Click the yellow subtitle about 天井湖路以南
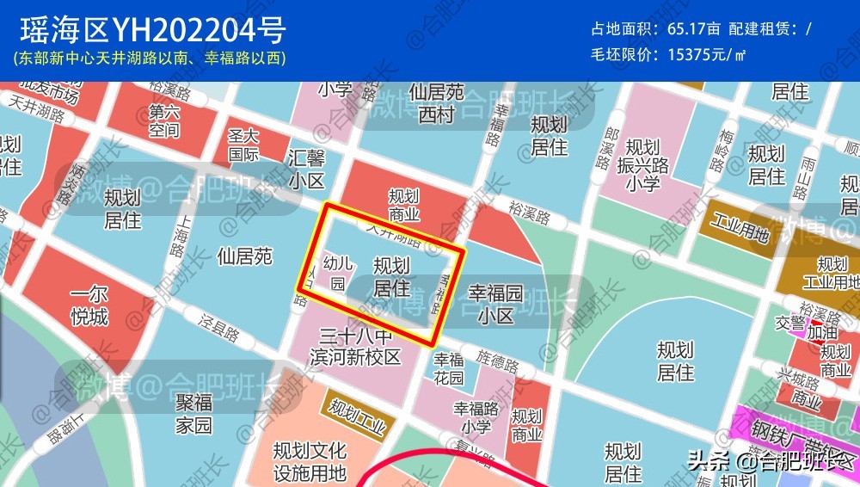coord(150,59)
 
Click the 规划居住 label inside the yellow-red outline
coord(391,276)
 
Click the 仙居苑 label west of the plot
coord(244,256)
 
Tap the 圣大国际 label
coord(243,145)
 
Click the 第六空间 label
coord(164,120)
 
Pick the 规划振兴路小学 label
coord(642,163)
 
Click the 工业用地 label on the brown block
coord(738,231)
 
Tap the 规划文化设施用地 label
coord(310,462)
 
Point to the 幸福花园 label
coord(449,369)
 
